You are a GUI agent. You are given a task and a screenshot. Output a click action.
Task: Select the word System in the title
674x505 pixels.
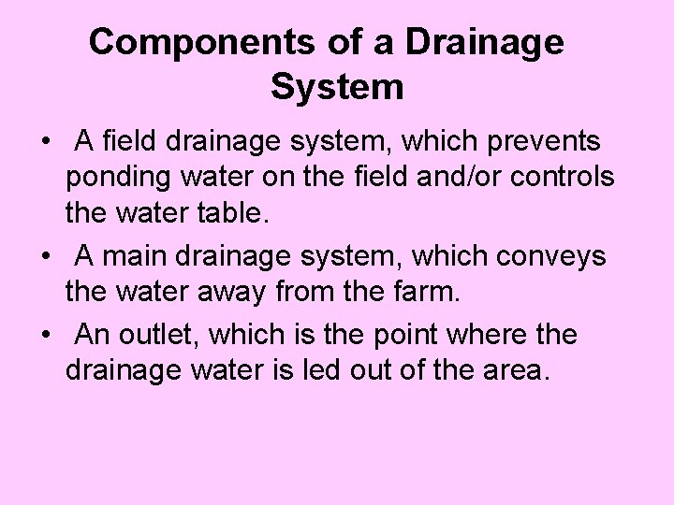pyautogui.click(x=337, y=87)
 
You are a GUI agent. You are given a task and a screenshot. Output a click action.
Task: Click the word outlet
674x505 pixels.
pyautogui.click(x=159, y=334)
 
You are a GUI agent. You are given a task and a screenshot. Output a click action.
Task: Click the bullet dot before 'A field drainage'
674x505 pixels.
pyautogui.click(x=44, y=143)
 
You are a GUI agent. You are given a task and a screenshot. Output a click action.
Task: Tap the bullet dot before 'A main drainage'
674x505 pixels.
pyautogui.click(x=44, y=255)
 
